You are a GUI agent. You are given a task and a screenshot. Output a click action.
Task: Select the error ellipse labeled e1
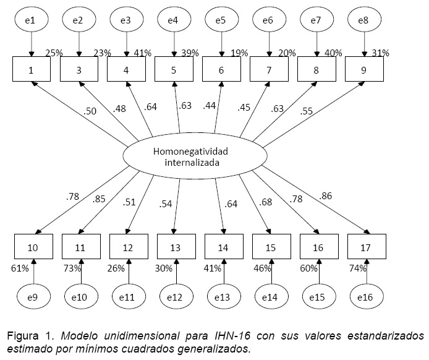(31, 21)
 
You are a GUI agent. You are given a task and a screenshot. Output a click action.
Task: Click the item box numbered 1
(31, 69)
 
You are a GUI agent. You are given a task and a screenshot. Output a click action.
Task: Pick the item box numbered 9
(364, 69)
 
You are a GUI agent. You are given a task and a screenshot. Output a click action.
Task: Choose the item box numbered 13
(176, 247)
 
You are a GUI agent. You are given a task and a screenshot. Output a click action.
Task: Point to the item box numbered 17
(366, 247)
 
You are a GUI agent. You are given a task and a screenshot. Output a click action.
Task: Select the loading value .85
(100, 199)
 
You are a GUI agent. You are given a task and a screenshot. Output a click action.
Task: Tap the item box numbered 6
(221, 69)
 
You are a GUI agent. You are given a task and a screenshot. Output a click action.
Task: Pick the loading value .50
(90, 112)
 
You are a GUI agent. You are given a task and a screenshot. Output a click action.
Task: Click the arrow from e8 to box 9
(364, 45)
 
